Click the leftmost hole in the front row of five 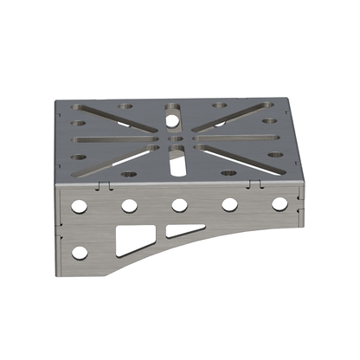(79, 207)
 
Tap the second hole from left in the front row (129, 206)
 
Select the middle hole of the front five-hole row (180, 205)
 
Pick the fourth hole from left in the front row (230, 204)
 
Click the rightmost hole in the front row (280, 204)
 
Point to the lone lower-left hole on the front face (80, 253)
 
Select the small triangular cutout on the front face (184, 230)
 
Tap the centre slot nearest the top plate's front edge (176, 160)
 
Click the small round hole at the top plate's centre (176, 138)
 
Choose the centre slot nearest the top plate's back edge (174, 112)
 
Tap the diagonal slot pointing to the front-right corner (232, 156)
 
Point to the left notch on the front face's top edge (104, 185)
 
